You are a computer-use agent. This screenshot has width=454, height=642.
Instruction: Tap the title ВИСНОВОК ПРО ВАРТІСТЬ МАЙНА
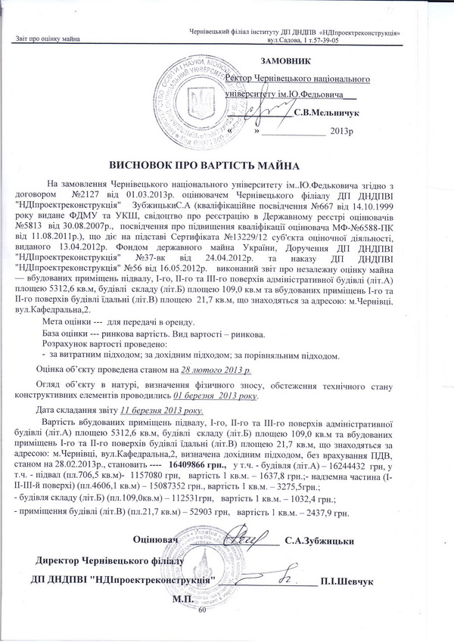click(x=205, y=165)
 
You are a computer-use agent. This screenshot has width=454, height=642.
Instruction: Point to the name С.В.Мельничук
click(x=326, y=113)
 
